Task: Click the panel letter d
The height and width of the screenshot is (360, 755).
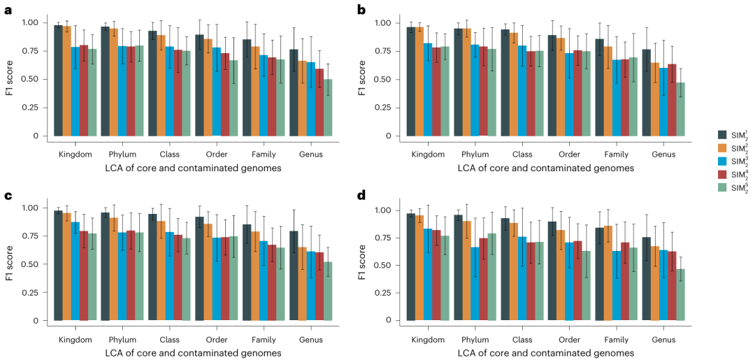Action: pos(361,194)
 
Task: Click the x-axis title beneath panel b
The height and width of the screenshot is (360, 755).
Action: pos(546,168)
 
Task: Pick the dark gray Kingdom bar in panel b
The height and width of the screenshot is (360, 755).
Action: pos(411,81)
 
